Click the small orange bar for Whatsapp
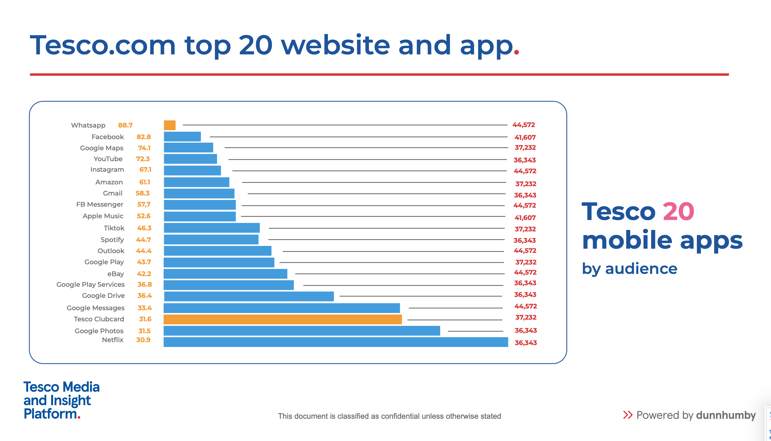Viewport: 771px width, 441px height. point(170,125)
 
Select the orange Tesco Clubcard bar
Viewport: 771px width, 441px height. point(282,319)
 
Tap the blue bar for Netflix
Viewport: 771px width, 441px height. point(335,342)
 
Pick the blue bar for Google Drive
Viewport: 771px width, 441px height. point(249,296)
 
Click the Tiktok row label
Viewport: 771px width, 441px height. point(114,228)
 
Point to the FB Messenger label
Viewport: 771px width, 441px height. point(100,204)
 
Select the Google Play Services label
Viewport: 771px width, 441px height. point(90,285)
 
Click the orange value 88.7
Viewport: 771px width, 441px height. point(125,125)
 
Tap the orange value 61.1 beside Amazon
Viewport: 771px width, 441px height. point(145,182)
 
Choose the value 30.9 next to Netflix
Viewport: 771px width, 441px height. point(143,340)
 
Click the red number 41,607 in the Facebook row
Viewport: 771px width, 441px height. point(525,137)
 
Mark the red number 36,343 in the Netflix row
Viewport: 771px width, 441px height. point(526,343)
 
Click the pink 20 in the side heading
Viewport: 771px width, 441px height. point(678,212)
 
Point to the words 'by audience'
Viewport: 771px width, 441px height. point(629,269)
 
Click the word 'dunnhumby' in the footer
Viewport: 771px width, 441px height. point(726,415)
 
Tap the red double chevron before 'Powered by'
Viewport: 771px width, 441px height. point(627,415)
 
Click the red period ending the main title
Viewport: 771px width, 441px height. point(516,52)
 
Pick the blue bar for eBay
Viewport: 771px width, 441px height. point(225,274)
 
